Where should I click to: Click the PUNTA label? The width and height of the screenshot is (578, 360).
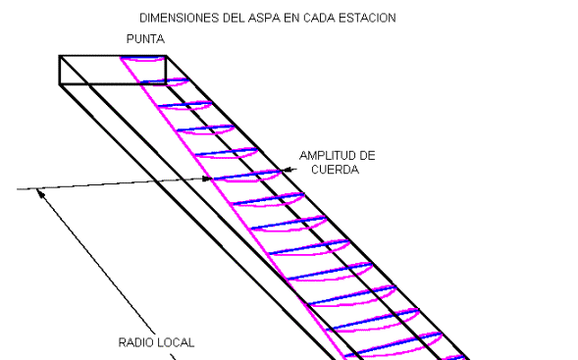145,39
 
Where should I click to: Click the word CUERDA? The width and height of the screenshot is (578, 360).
335,170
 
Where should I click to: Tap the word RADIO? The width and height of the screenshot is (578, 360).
134,342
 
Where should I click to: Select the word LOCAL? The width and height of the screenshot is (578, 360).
175,342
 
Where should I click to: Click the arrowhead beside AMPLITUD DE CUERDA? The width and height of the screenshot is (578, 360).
287,170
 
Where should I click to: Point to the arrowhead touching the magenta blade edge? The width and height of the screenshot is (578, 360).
208,179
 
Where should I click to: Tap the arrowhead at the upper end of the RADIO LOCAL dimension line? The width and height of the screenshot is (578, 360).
40,193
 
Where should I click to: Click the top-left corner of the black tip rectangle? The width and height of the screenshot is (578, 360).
60,56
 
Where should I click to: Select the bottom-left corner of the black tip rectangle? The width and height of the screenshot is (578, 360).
60,84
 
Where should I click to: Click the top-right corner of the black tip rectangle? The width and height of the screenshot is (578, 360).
166,56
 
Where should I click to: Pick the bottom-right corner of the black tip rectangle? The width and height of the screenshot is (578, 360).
166,84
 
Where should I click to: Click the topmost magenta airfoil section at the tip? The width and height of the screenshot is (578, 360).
142,59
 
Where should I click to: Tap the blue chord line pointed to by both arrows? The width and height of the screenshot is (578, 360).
247,175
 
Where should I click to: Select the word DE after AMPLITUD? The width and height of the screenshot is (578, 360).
367,156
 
